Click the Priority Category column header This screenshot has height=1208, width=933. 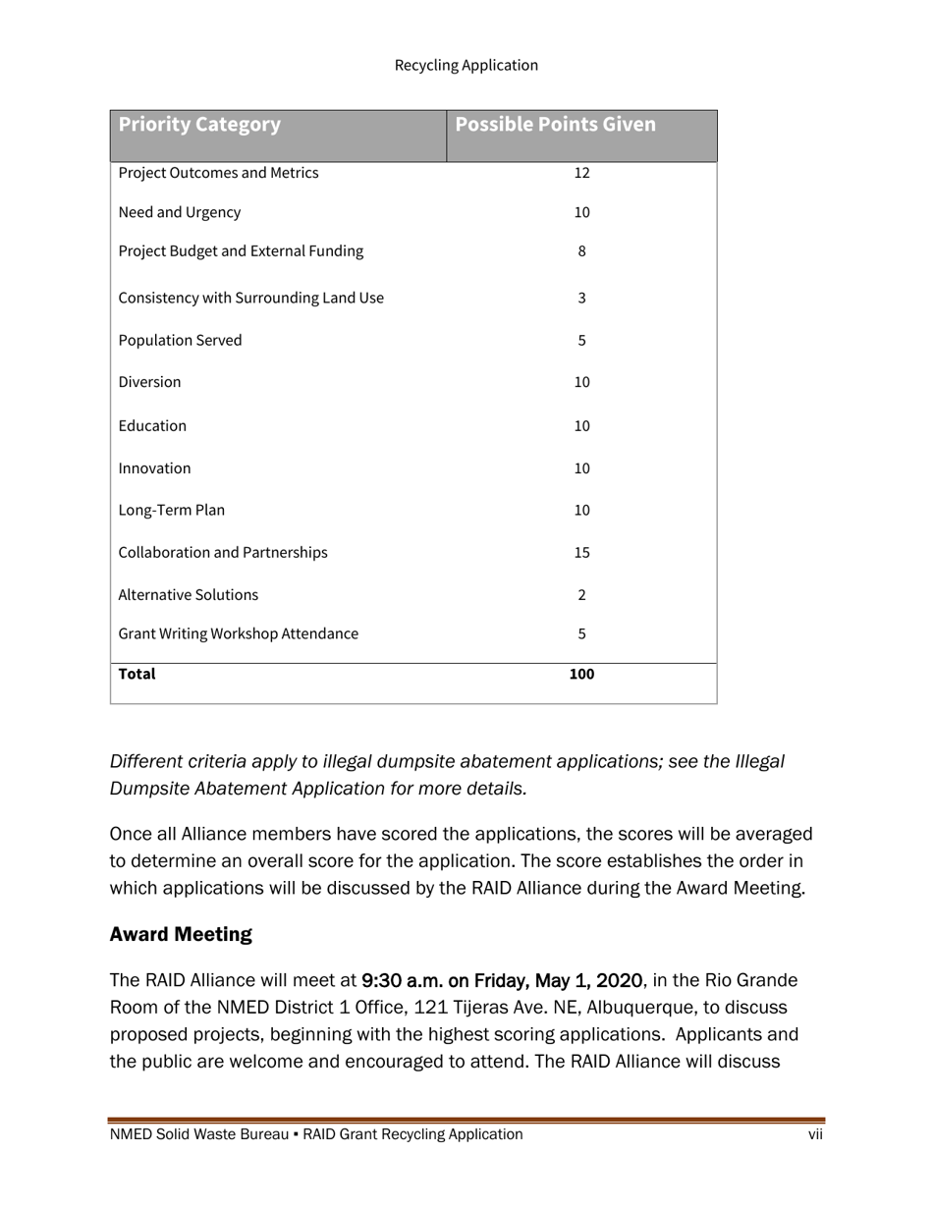199,125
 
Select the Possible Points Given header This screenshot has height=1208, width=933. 555,125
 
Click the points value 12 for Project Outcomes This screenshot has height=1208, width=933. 581,174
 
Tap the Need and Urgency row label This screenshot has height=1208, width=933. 179,212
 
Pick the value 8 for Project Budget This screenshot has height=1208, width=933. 581,251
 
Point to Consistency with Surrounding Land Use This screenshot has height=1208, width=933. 250,298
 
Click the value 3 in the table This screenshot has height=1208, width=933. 581,298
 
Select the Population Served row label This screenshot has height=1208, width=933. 180,341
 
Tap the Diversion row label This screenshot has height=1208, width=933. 149,382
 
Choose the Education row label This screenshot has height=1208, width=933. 152,426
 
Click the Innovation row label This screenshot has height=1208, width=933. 154,468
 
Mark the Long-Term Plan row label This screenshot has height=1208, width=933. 171,511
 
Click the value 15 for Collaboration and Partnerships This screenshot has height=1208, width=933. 581,553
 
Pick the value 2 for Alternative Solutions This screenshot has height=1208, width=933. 581,595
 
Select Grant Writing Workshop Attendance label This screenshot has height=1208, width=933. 238,634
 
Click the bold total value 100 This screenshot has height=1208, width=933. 581,675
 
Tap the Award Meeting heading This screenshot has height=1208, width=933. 181,935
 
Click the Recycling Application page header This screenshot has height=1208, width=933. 466,66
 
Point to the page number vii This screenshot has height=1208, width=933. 815,1135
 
